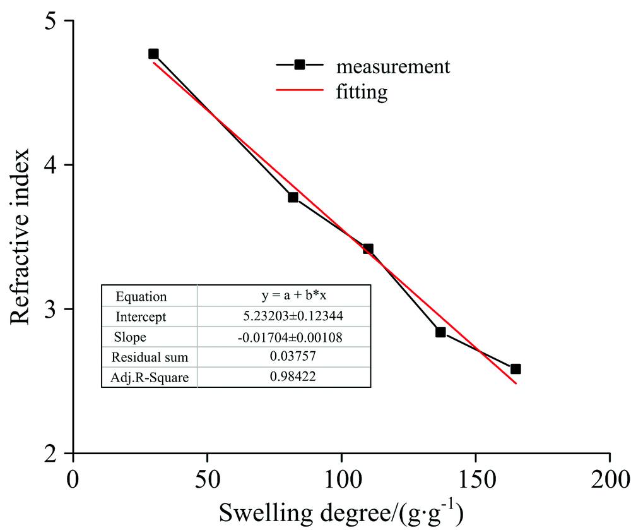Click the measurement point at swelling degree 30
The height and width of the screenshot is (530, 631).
point(153,54)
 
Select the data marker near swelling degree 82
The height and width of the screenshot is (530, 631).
point(293,197)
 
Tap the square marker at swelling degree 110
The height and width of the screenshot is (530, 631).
point(368,249)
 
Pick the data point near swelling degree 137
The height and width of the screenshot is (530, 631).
point(440,332)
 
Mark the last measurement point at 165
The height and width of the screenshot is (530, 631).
point(516,369)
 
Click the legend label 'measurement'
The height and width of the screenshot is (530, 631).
point(393,66)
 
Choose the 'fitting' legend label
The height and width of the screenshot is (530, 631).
point(362,93)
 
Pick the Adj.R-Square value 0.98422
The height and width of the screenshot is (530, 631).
point(284,377)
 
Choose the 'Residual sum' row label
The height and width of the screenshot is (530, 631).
point(150,357)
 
